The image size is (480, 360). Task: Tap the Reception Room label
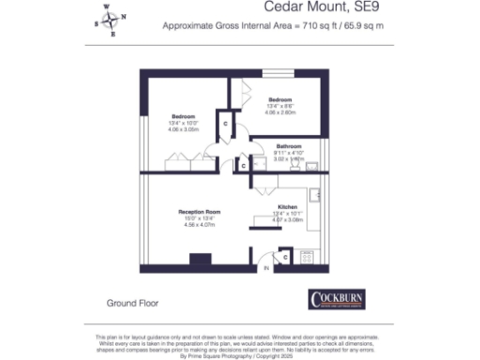point(198,213)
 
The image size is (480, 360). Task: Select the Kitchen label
point(287,206)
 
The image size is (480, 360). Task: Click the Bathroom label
point(288,147)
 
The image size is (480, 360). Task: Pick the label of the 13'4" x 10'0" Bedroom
point(182,116)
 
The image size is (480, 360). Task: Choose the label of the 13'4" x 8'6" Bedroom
point(280,99)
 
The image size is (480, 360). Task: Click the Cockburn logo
point(342,299)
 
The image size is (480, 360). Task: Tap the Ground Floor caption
point(133,303)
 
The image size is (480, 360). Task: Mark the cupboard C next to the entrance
point(284,256)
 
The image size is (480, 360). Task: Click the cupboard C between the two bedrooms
point(225,124)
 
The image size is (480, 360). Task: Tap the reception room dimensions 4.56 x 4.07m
point(198,225)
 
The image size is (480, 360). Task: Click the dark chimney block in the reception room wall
point(200,261)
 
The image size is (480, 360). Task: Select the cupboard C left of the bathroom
point(243,166)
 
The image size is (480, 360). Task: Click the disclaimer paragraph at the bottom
point(240,343)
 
